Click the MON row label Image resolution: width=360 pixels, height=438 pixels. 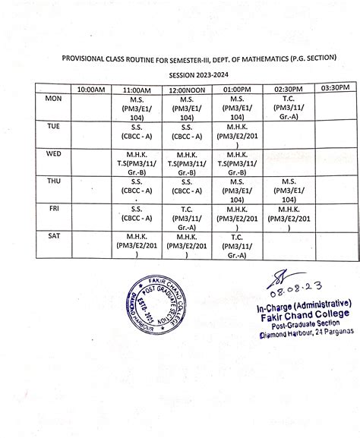click(54, 99)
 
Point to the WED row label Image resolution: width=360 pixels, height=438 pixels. click(54, 153)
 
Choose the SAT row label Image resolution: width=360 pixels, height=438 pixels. click(54, 236)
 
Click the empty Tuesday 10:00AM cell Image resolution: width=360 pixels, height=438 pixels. click(90, 131)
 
